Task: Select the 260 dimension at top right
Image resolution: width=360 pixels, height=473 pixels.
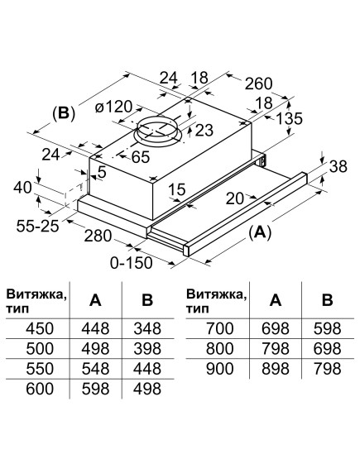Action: tap(258, 83)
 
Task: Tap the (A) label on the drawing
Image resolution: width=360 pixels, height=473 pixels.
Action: tap(260, 234)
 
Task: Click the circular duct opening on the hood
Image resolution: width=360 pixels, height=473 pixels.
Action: tap(157, 129)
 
